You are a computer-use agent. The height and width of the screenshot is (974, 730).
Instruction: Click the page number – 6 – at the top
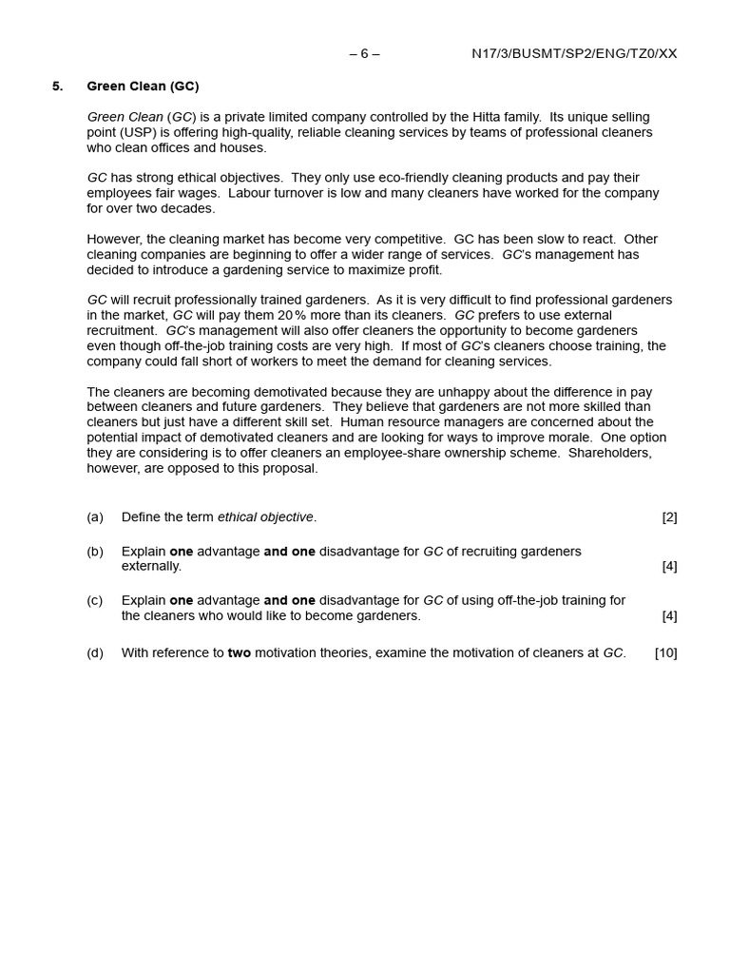[x=364, y=53]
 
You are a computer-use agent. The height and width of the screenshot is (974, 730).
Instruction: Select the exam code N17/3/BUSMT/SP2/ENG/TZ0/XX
[x=574, y=53]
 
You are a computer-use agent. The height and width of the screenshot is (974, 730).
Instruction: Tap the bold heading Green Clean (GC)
[x=143, y=87]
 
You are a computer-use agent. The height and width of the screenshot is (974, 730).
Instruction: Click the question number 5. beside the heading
[x=57, y=87]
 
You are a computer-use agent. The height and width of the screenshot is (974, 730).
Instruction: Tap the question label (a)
[x=95, y=517]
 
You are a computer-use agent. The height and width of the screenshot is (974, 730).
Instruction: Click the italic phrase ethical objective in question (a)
[x=265, y=517]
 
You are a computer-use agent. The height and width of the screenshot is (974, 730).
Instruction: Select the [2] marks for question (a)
[x=669, y=517]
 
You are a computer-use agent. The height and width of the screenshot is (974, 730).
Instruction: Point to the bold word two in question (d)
[x=240, y=653]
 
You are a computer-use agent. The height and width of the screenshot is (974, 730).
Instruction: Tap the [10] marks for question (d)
[x=665, y=653]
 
